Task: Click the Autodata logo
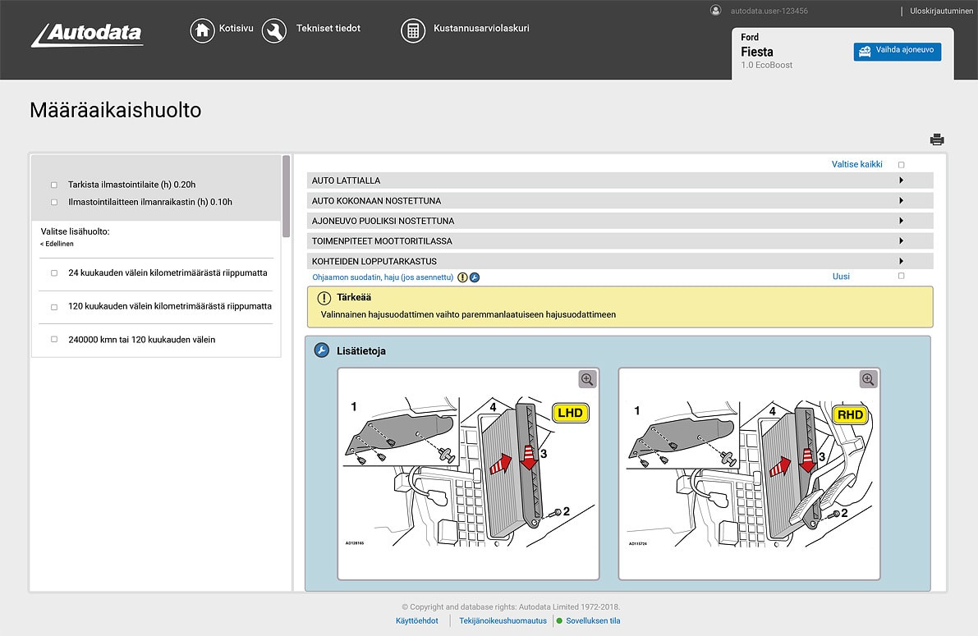click(x=87, y=35)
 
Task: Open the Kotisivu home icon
click(x=202, y=30)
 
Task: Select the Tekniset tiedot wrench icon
click(x=273, y=30)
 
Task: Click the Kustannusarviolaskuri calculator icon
click(x=413, y=30)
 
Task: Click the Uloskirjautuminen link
click(x=941, y=11)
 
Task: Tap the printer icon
click(x=937, y=140)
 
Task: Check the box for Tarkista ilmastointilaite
click(x=54, y=185)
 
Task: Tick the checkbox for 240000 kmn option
click(x=54, y=340)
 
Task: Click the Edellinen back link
click(x=57, y=244)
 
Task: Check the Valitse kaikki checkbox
click(x=902, y=165)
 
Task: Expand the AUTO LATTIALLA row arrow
click(x=902, y=181)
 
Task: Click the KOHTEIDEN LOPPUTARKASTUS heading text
click(x=374, y=262)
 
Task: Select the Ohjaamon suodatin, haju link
click(x=383, y=277)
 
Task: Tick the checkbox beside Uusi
click(x=902, y=277)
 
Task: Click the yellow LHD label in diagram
click(x=571, y=413)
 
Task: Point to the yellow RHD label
click(x=851, y=414)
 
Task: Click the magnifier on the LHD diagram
click(x=588, y=379)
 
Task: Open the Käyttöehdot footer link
click(x=416, y=621)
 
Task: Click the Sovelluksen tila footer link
click(x=593, y=621)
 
